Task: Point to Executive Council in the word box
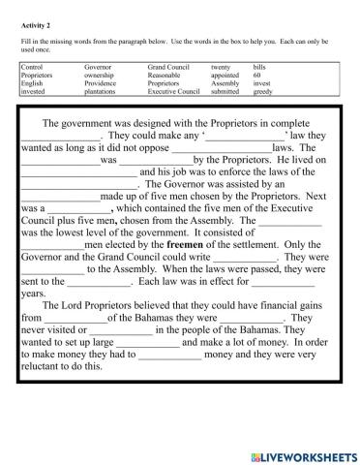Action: pos(174,91)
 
